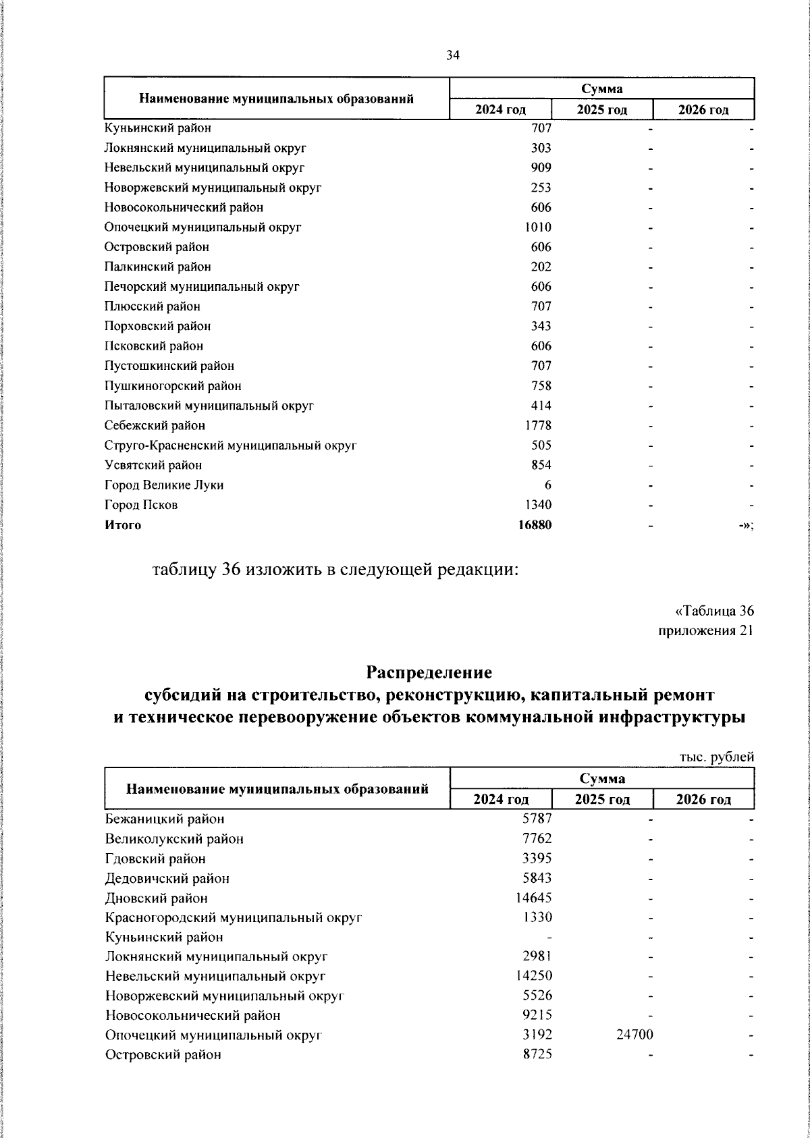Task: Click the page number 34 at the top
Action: [452, 56]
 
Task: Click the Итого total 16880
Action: [535, 524]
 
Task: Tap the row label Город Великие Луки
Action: [164, 485]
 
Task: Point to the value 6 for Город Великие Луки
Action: [547, 485]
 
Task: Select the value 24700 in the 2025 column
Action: [634, 1034]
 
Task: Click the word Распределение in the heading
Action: [429, 672]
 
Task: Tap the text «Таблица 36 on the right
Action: [714, 611]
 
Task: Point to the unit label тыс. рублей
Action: [715, 757]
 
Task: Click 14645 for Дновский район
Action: [535, 898]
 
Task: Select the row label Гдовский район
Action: [155, 859]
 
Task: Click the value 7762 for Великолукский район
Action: [537, 838]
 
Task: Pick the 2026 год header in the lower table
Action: [703, 799]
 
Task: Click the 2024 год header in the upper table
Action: [500, 110]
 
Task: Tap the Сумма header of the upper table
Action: [601, 88]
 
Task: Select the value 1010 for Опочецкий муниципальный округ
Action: [538, 227]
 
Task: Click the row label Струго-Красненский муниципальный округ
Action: [230, 445]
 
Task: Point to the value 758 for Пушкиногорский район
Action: [541, 385]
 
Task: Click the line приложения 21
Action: [705, 630]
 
